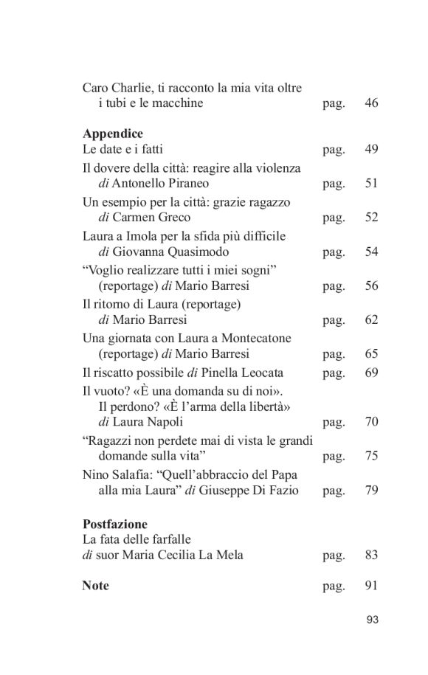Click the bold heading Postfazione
click(116, 525)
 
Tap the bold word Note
click(95, 586)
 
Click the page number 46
click(371, 103)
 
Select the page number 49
click(371, 150)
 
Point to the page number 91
click(371, 586)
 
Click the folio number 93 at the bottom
click(371, 620)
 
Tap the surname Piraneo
click(188, 184)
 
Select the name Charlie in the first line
click(131, 88)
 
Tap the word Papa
click(278, 474)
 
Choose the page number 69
click(371, 373)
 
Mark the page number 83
click(371, 555)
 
